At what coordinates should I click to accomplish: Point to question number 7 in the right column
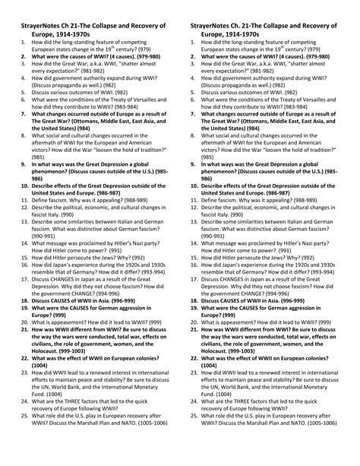pos(191,129)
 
